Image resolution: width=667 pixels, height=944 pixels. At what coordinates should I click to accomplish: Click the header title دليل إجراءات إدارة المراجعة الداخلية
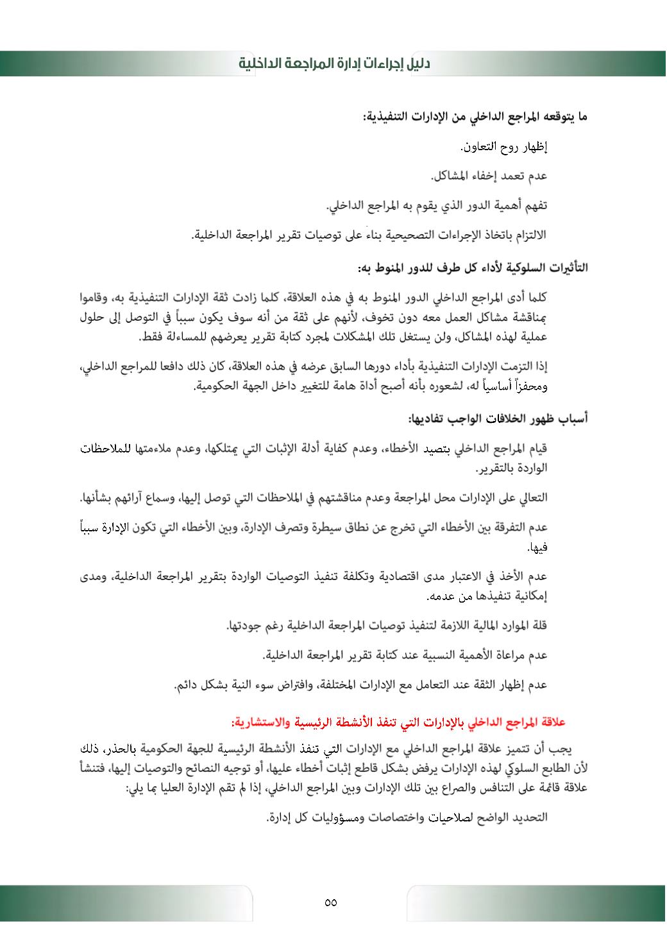pos(334,64)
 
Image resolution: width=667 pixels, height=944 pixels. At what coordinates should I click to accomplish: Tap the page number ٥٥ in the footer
pos(331,902)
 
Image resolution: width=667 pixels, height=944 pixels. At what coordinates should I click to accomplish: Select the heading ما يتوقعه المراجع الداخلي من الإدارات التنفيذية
pos(475,117)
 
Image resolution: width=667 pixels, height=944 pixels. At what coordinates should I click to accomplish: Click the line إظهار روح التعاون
pos(504,147)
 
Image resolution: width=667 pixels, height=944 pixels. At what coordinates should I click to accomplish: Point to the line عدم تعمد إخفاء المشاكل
pos(489,176)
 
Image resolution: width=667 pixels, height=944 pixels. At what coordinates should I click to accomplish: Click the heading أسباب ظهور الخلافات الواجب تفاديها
pos(498,419)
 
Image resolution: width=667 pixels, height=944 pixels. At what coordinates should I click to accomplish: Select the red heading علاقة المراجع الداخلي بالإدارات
pos(398,723)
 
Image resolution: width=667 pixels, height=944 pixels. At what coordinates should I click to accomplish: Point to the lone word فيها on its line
pos(537,548)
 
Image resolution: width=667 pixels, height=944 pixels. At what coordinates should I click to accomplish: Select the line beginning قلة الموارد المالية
pos(387,625)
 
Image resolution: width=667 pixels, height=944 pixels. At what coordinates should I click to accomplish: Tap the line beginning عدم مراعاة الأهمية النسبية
pos(405,655)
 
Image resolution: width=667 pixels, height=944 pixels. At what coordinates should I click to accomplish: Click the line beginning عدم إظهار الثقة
pos(360,685)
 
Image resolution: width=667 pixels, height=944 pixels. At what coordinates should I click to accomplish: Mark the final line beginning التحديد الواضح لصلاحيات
pos(407,817)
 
